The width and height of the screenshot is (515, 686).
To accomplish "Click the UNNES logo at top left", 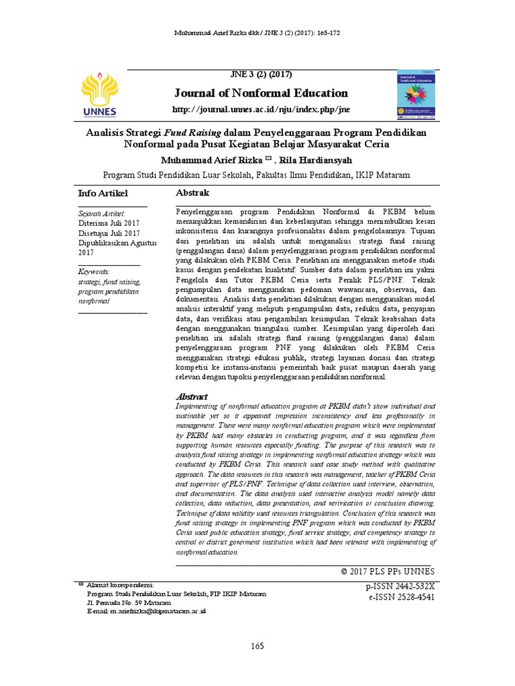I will pos(99,95).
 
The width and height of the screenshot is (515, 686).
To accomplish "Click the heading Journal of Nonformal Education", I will pos(260,93).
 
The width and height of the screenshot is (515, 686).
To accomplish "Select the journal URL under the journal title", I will pos(260,110).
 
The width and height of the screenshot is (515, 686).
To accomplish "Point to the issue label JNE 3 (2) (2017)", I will pos(260,74).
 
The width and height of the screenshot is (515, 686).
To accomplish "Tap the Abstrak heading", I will pos(192,193).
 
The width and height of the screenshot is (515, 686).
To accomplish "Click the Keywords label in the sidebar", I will pos(94,272).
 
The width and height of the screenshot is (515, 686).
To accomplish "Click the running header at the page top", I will pos(257,33).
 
